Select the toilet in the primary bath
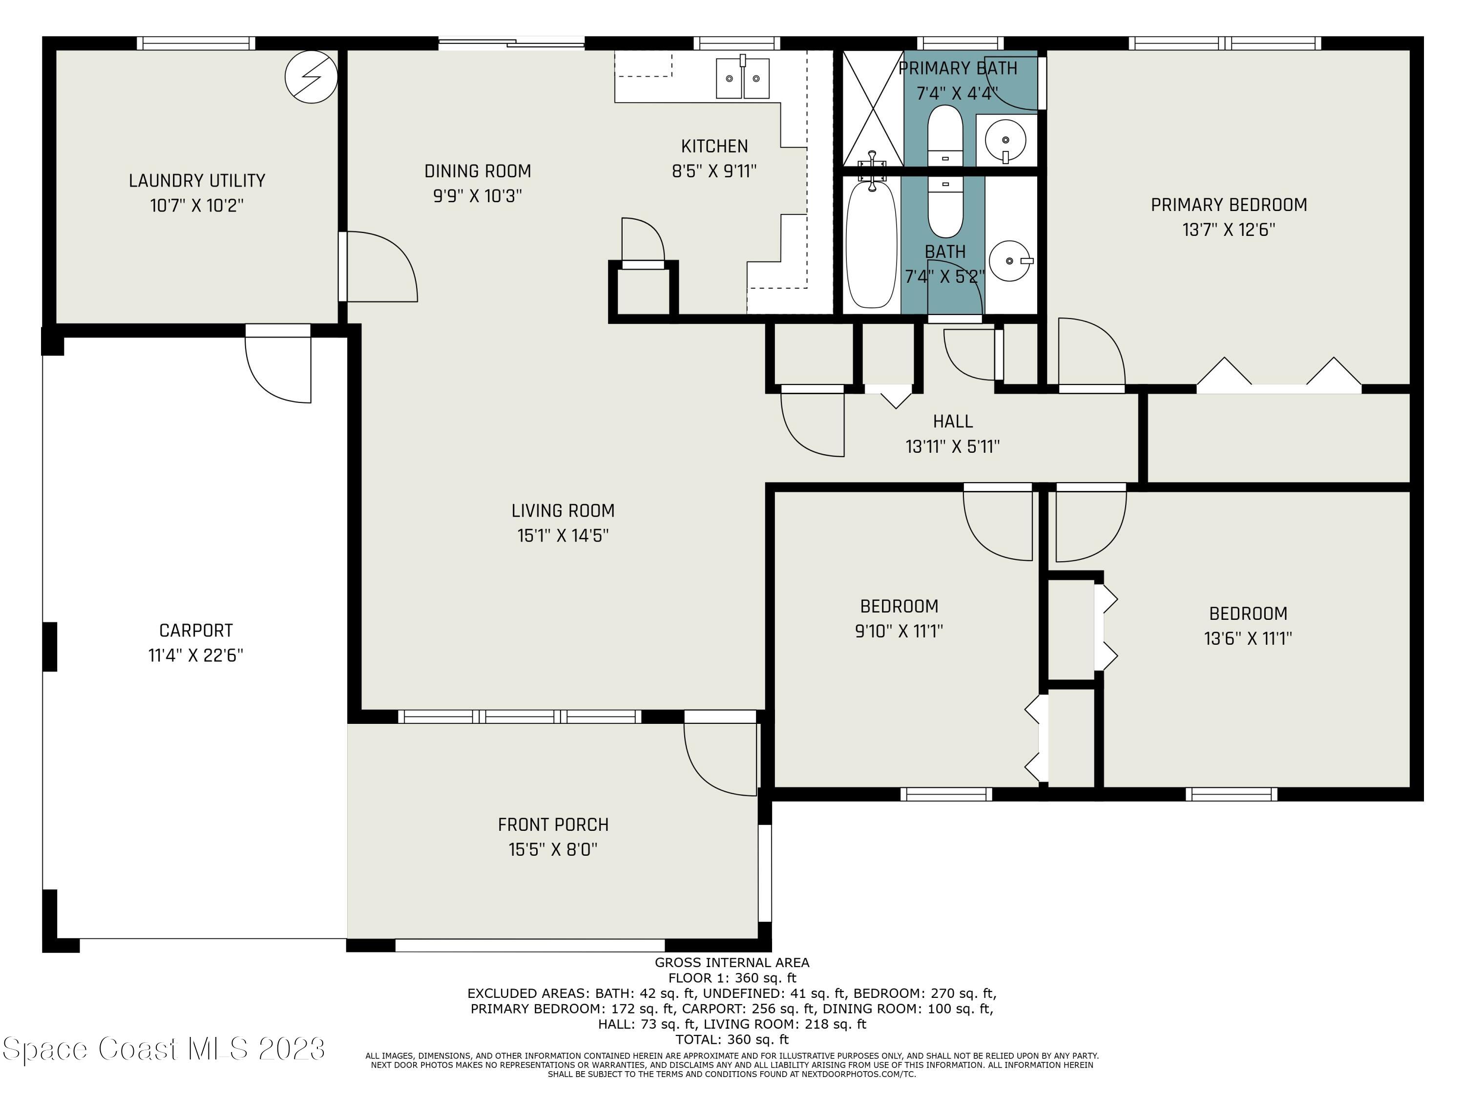[x=945, y=136]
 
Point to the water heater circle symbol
[x=311, y=77]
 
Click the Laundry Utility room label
[x=197, y=180]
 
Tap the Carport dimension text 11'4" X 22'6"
[x=196, y=655]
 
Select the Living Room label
[x=563, y=511]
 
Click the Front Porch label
[x=553, y=825]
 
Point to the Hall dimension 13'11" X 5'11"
[x=952, y=446]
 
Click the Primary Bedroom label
[x=1229, y=205]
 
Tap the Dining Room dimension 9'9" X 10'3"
[x=478, y=196]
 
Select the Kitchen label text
[x=714, y=147]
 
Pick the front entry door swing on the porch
[x=720, y=754]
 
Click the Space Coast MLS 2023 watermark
[x=164, y=1049]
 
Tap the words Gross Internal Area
[x=732, y=963]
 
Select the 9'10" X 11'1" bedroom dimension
[x=899, y=631]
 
